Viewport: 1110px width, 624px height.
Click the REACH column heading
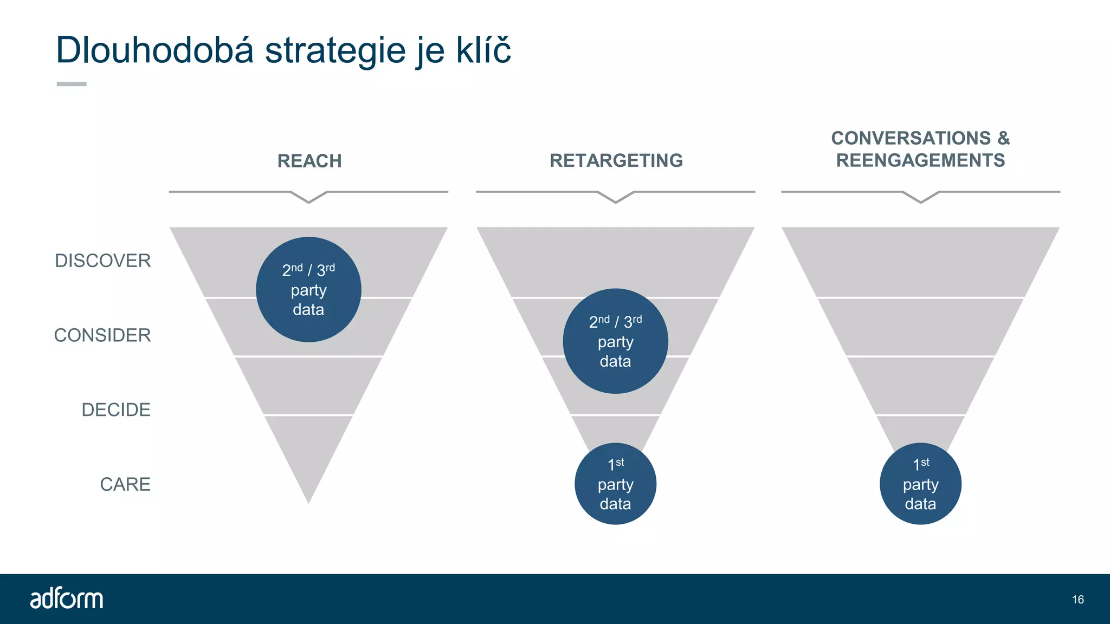tap(309, 161)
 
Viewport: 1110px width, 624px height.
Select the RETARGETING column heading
tap(616, 160)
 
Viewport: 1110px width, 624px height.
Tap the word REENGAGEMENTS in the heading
tap(920, 160)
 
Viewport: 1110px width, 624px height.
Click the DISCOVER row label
tap(103, 261)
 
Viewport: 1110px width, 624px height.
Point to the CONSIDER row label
tap(102, 335)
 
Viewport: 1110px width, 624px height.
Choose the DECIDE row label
tap(116, 409)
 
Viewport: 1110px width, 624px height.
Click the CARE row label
tap(125, 484)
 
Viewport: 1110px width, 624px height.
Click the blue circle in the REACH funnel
tap(308, 289)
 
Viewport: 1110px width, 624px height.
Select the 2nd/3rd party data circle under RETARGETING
tap(615, 341)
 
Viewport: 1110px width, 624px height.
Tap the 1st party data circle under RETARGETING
tap(615, 484)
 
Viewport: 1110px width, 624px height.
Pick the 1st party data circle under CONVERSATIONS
tap(920, 484)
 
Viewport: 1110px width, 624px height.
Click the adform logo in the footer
tap(66, 599)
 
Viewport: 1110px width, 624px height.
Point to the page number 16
tap(1077, 600)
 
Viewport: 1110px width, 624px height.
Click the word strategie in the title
tap(335, 50)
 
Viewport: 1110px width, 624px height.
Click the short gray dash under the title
tap(72, 84)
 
